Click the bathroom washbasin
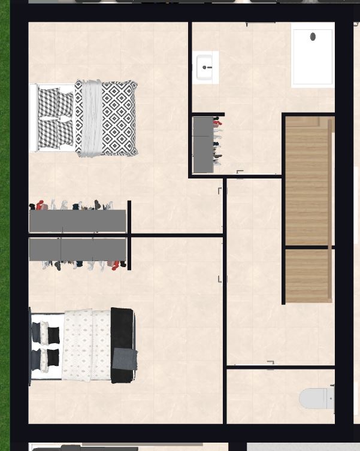[x=205, y=67]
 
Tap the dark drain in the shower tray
[x=313, y=37]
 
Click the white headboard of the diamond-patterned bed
[x=34, y=118]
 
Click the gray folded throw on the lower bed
[x=125, y=359]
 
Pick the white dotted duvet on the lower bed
[x=87, y=345]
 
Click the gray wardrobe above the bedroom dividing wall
[x=77, y=220]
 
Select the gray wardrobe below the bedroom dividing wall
[x=77, y=249]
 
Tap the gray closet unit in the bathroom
[x=202, y=144]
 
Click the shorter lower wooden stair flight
[x=307, y=276]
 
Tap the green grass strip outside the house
[x=5, y=240]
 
